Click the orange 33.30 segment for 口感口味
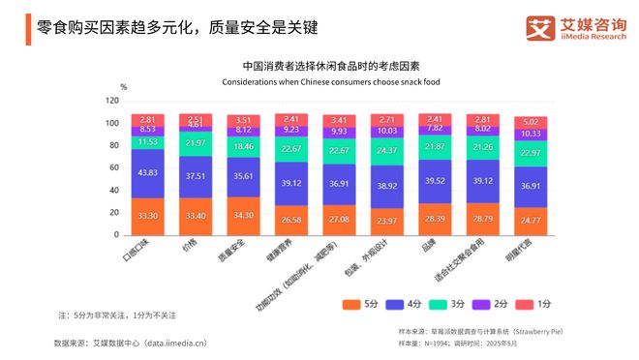[x=147, y=216]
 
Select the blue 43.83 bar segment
[x=147, y=172]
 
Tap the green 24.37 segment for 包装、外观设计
[x=386, y=151]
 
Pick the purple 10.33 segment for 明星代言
[x=530, y=134]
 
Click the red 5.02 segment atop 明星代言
[x=530, y=122]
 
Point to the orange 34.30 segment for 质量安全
[x=243, y=215]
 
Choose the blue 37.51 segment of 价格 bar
[x=195, y=177]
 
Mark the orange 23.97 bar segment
[x=386, y=222]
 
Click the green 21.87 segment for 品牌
[x=434, y=146]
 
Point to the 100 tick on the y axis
[x=112, y=124]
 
